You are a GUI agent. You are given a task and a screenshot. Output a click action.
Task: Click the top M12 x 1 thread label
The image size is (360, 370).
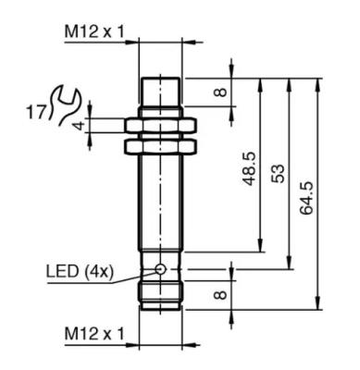coord(94,31)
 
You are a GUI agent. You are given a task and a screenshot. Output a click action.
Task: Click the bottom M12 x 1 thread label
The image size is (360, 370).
coord(94,334)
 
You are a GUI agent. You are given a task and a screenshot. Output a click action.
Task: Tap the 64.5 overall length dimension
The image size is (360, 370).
coord(306,198)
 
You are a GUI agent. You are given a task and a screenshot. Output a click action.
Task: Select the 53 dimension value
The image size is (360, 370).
coord(278,174)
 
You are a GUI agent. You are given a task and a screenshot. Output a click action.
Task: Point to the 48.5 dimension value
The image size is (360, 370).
coord(250,168)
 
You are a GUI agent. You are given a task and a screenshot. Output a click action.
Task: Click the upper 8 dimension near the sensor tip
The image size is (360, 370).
coord(220,92)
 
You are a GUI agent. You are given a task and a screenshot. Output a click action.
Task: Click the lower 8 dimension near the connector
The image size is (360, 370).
coord(220,295)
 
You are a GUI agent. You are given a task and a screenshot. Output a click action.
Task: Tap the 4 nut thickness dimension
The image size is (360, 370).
coord(80,126)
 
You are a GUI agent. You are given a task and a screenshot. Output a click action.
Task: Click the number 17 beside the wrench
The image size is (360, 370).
coord(35,113)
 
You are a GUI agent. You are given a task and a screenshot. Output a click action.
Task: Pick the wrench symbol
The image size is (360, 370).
coord(63,105)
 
